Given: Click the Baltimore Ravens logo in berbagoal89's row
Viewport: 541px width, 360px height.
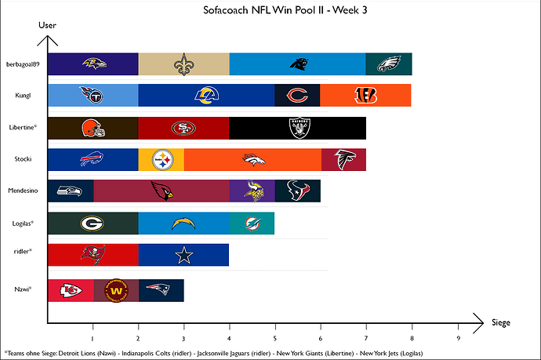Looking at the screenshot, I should pos(93,64).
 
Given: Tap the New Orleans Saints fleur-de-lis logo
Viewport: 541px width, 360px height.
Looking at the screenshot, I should pos(184,64).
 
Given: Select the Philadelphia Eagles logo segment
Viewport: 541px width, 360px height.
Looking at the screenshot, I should pos(390,64).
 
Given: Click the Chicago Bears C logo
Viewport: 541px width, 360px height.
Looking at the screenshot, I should pos(297,96).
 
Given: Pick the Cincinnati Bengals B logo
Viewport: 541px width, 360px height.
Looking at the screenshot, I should pos(365,96).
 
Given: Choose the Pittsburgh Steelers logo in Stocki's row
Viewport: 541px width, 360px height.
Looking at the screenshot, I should pos(162,160).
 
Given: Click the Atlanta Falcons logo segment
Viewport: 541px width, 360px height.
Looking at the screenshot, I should pos(343,160).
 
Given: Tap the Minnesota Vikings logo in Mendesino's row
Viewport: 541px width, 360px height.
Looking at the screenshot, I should pos(252,191).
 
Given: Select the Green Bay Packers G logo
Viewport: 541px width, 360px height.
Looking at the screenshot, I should pos(93,224).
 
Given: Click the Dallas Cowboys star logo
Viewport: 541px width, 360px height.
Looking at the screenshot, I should pos(184,256).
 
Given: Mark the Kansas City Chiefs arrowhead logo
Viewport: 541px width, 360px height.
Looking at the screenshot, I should pos(71,290).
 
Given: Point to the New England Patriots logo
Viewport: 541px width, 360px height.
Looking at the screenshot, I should pos(161,289).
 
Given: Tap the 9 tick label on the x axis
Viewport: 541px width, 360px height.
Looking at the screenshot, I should pos(458,339).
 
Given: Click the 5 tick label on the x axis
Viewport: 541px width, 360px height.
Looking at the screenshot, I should pos(275,339).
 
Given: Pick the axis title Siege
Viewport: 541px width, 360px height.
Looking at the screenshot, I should pos(502,322).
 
